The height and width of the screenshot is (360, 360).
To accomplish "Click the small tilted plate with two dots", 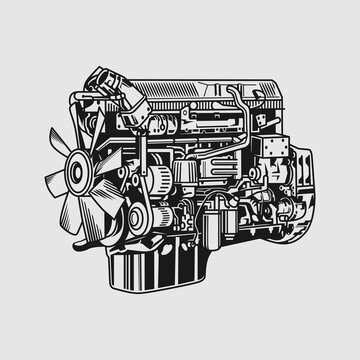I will [263, 117].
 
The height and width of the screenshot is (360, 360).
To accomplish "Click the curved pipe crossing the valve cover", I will [238, 100].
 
